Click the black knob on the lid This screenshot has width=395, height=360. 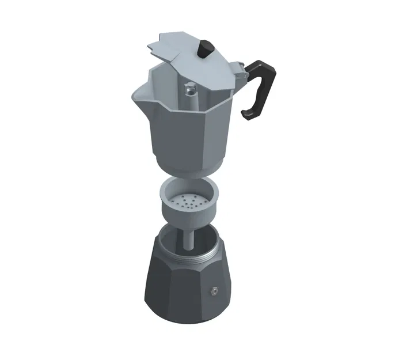204,49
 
